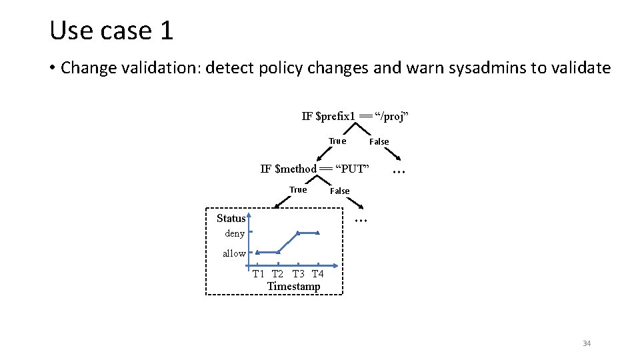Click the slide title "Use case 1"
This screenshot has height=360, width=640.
tap(111, 30)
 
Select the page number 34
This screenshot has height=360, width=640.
tap(587, 343)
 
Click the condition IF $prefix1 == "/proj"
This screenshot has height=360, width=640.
tap(355, 117)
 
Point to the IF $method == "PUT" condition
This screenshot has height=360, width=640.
tap(314, 169)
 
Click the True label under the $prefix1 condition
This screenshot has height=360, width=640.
tap(337, 141)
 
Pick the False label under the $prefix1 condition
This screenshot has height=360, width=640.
tap(379, 141)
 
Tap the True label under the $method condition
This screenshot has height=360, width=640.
tap(298, 190)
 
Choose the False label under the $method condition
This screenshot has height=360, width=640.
tap(340, 191)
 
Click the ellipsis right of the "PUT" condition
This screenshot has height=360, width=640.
tap(399, 171)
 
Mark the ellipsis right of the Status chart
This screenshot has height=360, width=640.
tap(361, 219)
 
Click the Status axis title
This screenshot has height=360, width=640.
tap(231, 219)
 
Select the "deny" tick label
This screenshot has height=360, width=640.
tap(235, 234)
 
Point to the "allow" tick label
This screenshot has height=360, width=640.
tap(234, 253)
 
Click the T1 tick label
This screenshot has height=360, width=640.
tap(259, 274)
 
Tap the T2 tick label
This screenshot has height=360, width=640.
tap(278, 274)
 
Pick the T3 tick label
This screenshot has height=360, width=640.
tap(299, 274)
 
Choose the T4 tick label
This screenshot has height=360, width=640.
tap(318, 274)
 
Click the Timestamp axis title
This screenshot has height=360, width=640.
tap(293, 287)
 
